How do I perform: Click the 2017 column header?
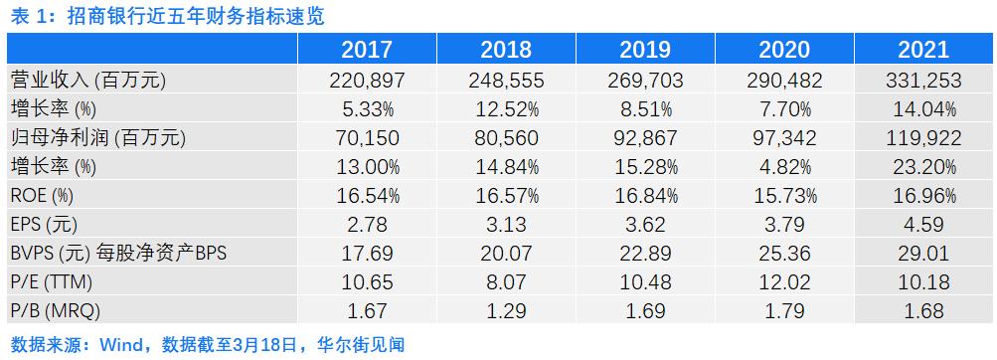coord(367,50)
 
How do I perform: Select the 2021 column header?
coord(922,50)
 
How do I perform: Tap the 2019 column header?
coord(645,50)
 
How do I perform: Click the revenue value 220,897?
coord(367,80)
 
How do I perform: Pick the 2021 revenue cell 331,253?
coord(922,80)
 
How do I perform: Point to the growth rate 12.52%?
coord(506,108)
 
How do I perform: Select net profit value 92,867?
coord(645,137)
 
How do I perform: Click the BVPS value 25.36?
coord(784,253)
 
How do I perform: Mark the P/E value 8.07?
coord(506,281)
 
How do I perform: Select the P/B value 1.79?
coord(784,310)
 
